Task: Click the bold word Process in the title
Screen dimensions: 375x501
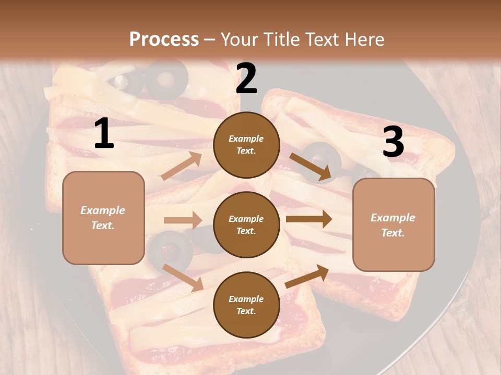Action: [x=164, y=39]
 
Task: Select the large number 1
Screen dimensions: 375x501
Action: [x=104, y=134]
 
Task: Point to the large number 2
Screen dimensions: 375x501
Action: [x=246, y=79]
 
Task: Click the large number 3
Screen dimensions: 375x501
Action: [x=393, y=142]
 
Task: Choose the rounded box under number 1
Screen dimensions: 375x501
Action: [x=103, y=218]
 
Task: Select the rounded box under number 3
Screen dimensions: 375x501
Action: [x=393, y=224]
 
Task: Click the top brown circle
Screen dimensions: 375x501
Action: [x=246, y=144]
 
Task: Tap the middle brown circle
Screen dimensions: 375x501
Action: [x=246, y=224]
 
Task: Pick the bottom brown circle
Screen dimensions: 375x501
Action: [x=246, y=305]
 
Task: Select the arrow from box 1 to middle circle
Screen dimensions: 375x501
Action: [x=183, y=220]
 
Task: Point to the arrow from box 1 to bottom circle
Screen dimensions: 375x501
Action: [x=183, y=277]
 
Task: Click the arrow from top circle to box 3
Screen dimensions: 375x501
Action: [x=310, y=166]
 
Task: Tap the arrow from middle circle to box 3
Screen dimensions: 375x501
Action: [x=308, y=219]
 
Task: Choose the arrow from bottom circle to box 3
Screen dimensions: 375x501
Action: [x=307, y=276]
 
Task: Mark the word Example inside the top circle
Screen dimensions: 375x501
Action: [x=246, y=139]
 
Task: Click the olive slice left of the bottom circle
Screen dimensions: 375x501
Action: [x=170, y=250]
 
